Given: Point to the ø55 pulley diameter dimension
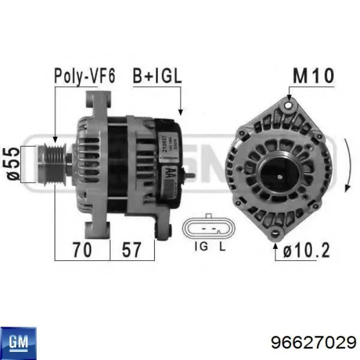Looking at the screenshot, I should [14, 164].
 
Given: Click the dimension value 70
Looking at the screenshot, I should [82, 250].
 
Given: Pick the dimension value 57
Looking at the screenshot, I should [132, 250].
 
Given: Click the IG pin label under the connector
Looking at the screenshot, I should [201, 247].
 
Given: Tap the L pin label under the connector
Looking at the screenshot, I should [222, 247].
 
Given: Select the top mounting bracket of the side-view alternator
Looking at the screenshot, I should [101, 103].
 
